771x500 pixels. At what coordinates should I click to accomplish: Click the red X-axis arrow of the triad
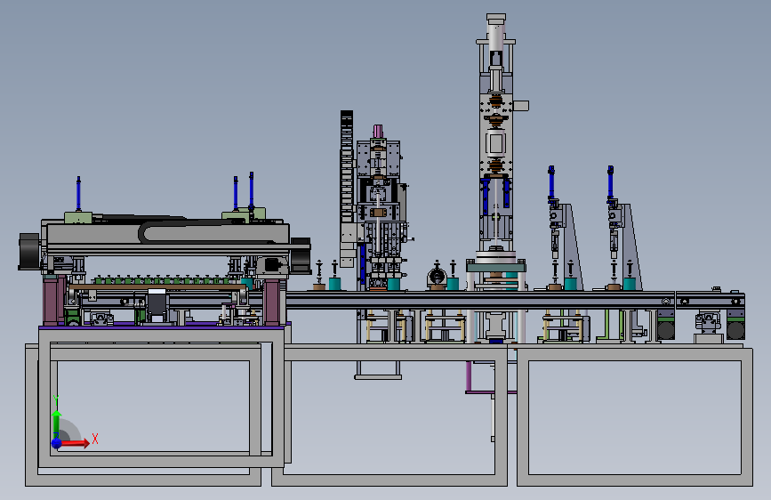(x=74, y=443)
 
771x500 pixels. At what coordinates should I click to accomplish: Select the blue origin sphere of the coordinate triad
(x=57, y=443)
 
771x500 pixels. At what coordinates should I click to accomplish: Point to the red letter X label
(x=95, y=439)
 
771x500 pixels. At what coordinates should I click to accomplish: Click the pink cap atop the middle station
(x=378, y=131)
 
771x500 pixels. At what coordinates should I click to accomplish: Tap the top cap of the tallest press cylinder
(x=495, y=18)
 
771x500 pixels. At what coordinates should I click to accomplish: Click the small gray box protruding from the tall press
(x=520, y=105)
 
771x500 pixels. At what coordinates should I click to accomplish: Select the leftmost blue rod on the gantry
(x=78, y=194)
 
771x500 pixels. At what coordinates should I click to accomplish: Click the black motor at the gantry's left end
(x=29, y=252)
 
